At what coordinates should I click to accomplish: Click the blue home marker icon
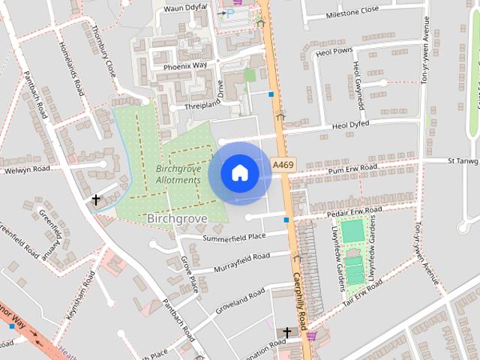(239, 173)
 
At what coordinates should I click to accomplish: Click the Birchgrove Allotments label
(178, 175)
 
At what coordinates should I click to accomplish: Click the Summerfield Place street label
(234, 237)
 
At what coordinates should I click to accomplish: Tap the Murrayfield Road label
(241, 262)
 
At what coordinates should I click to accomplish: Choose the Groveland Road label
(241, 298)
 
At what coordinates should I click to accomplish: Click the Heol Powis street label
(334, 52)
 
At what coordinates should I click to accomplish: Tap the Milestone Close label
(353, 13)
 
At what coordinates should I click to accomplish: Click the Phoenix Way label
(184, 66)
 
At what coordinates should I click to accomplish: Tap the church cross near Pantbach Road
(96, 200)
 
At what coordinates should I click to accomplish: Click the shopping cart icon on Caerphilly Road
(310, 335)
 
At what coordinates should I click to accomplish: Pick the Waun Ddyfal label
(184, 7)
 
